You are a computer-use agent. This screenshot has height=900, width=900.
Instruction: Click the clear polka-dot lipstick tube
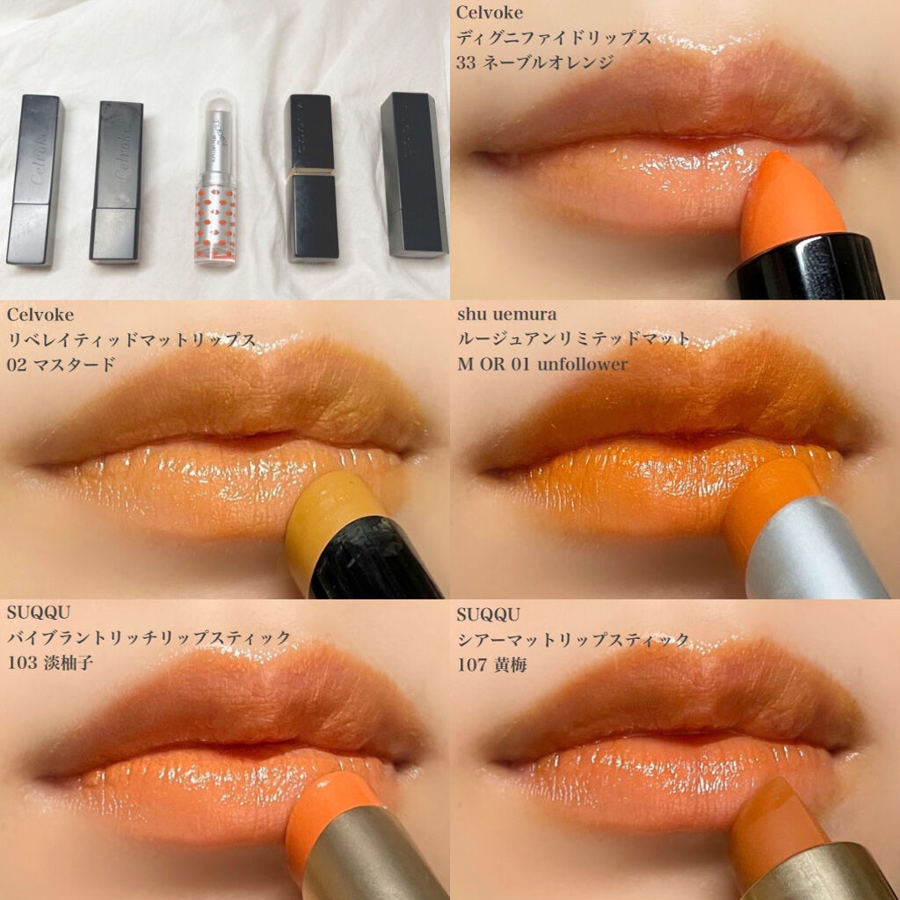pos(216,178)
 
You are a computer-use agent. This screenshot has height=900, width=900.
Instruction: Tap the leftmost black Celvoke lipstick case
pos(34,180)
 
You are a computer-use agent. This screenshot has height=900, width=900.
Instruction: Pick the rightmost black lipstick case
pos(414,175)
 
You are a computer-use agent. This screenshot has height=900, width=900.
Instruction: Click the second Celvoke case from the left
pos(116,182)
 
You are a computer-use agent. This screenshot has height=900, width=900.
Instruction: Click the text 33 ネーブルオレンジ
pos(535,62)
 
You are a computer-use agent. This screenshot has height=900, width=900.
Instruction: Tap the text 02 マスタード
pos(61,365)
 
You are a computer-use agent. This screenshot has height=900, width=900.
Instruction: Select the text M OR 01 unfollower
pos(542,364)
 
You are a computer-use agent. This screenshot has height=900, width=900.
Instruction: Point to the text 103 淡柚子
pos(50,663)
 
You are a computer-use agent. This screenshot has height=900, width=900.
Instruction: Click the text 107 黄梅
pos(492,665)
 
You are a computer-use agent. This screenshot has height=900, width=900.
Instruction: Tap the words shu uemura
pos(507,315)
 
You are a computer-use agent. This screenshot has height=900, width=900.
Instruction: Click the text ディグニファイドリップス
pos(554,38)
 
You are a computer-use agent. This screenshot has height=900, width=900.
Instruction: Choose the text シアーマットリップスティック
pos(573,640)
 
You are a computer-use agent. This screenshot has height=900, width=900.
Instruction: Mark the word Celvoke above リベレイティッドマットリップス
pos(40,315)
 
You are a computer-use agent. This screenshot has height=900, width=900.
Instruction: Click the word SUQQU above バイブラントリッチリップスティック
pos(39,613)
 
